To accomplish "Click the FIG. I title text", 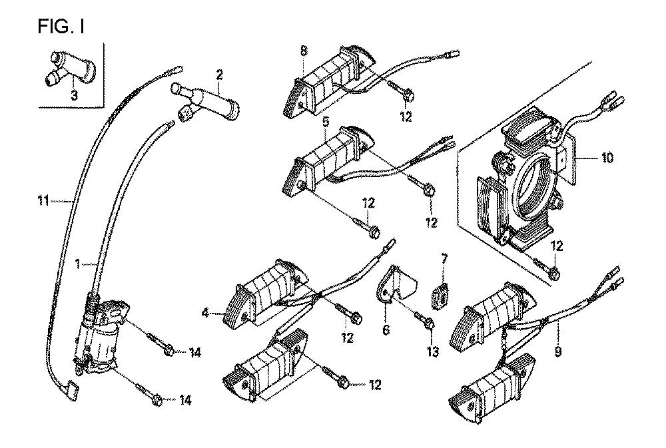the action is point(61,27).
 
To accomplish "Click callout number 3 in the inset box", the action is point(75,95).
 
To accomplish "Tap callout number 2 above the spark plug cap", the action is point(219,75).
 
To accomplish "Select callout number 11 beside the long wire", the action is point(43,200).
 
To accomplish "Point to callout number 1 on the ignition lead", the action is point(78,264).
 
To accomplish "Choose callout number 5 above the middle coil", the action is point(326,122).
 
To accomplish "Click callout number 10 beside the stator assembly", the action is point(607,158).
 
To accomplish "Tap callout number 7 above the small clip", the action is point(444,258).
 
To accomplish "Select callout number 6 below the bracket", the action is point(386,330).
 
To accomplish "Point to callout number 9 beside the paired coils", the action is point(557,351).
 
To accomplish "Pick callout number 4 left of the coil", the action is point(205,314).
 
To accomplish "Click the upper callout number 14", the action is point(194,352).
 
